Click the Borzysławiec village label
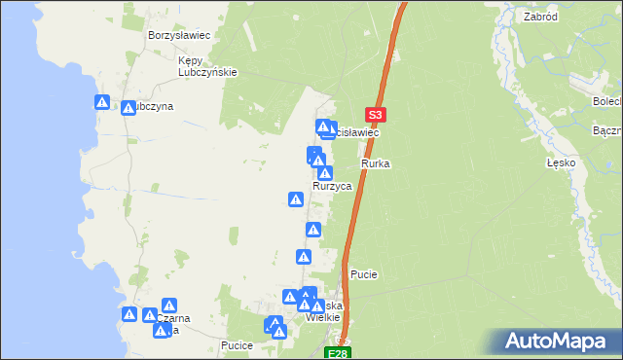180,35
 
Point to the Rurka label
376,163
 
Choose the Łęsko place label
562,163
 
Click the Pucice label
238,345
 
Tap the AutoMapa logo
560,342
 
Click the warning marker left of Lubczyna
102,101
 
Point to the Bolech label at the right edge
607,101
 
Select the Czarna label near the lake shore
171,318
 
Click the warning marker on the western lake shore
129,314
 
